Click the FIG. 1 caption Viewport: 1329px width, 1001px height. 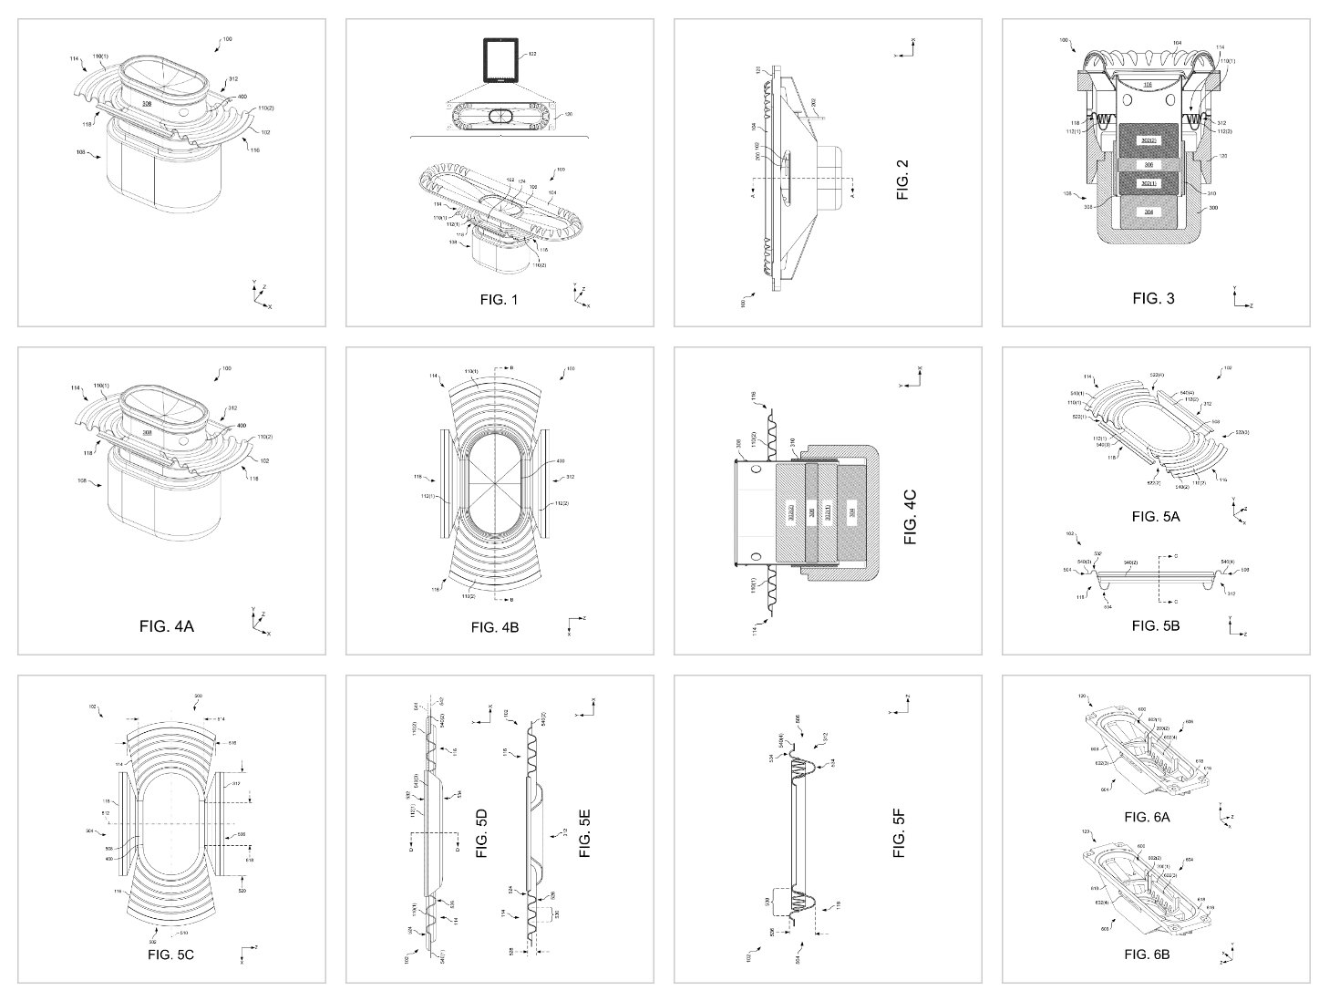[499, 298]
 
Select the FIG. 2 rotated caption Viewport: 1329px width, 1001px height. [903, 180]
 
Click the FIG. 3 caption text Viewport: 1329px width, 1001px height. [1153, 298]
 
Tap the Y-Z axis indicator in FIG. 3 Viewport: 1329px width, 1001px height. [1241, 298]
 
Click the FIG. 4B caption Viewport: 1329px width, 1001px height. [495, 626]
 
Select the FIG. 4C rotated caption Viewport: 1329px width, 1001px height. [910, 517]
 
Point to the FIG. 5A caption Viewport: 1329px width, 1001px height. [1156, 516]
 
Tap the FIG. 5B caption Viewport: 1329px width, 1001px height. [1156, 625]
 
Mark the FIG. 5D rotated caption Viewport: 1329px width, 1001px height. [482, 832]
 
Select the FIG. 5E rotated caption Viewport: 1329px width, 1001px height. [584, 832]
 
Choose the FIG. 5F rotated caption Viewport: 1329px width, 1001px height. [901, 832]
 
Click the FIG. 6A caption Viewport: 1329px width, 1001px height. [1148, 818]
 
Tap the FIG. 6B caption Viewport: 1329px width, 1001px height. [1148, 955]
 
